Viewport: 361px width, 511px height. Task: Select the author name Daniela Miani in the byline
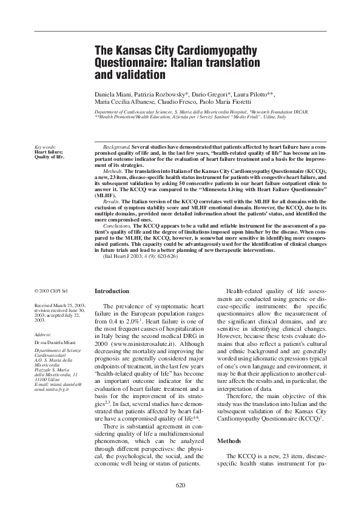click(115, 96)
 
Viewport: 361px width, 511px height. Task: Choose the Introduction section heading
click(112, 291)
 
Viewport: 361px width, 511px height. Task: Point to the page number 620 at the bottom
click(180, 486)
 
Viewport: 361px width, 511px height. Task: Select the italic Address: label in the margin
click(43, 334)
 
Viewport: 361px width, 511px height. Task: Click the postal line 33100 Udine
click(49, 381)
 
